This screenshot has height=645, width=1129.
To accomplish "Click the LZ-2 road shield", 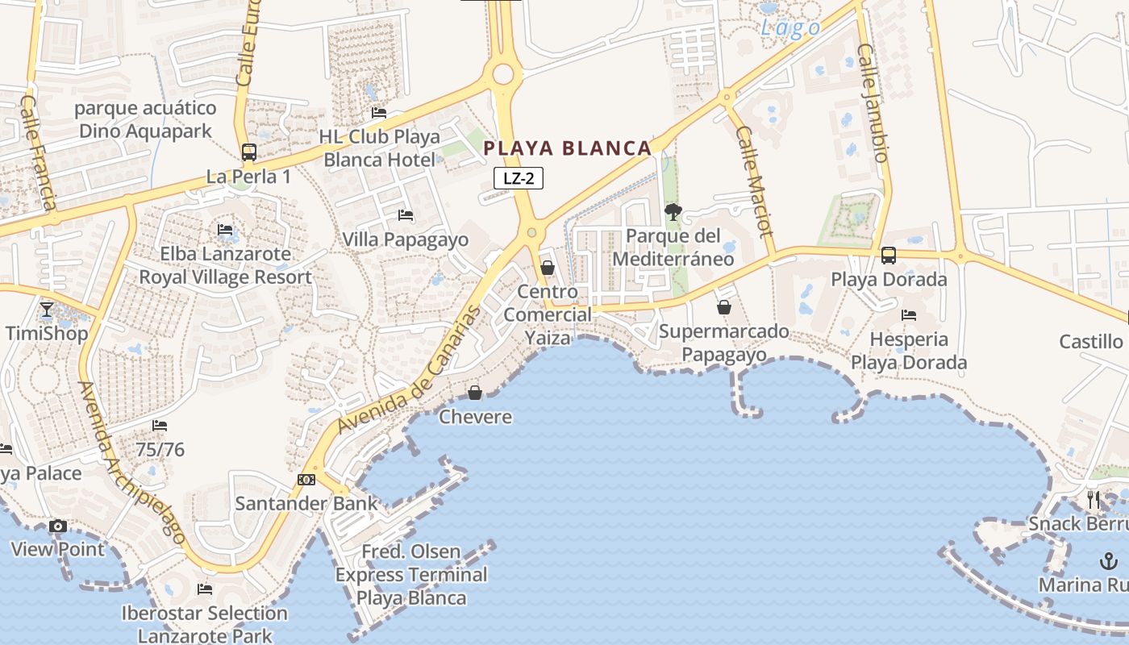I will (x=519, y=179).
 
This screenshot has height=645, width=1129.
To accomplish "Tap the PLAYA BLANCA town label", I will (x=567, y=148).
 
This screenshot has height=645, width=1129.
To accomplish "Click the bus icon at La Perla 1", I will (x=248, y=152).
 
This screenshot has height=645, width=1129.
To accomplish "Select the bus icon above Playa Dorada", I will (x=889, y=256).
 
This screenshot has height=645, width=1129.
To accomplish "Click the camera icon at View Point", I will (x=57, y=526).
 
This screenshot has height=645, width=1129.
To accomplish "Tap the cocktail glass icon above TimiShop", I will (x=47, y=310).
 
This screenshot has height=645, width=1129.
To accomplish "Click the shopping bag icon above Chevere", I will (x=475, y=393).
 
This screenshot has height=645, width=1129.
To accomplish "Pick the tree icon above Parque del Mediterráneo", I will (x=673, y=212).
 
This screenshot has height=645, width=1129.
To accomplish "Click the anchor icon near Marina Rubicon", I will (x=1110, y=561).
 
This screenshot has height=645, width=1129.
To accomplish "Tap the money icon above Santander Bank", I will (x=306, y=480).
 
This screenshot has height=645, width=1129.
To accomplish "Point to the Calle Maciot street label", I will (x=755, y=181).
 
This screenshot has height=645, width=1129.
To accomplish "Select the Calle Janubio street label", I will (x=873, y=102).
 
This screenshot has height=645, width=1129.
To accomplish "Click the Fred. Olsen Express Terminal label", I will (x=411, y=575).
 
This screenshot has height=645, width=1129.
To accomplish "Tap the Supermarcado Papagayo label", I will (x=724, y=343).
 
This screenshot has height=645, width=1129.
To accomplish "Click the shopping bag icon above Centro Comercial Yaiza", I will (x=548, y=268).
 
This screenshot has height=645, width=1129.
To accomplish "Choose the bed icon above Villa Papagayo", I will (x=406, y=215).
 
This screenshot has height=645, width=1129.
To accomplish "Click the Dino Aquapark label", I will (x=145, y=119).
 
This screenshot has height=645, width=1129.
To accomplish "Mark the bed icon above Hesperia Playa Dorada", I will (x=909, y=315).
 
